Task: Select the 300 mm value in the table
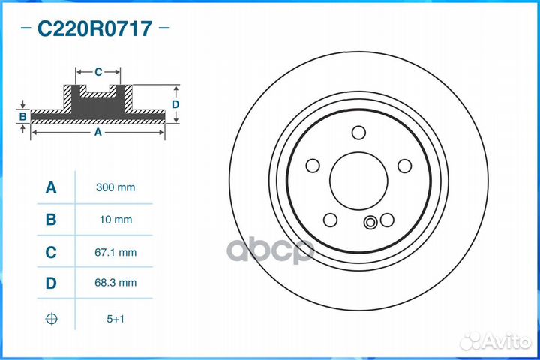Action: [x=115, y=187]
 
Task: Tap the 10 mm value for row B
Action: [x=115, y=220]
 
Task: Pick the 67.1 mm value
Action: [x=115, y=252]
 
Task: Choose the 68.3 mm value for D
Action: [x=115, y=283]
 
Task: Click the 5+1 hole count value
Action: [x=115, y=319]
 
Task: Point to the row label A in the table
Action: [x=51, y=187]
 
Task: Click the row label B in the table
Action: [x=51, y=220]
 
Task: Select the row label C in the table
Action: [x=51, y=252]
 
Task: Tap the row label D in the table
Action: [x=51, y=283]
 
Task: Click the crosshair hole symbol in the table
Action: [x=51, y=319]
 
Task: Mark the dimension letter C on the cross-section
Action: [x=98, y=72]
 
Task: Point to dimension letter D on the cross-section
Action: [x=175, y=104]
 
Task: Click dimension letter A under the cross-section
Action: [x=97, y=132]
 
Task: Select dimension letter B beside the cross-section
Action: [x=23, y=116]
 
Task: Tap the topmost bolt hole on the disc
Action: [x=358, y=133]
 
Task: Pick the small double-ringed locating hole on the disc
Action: [x=370, y=223]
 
